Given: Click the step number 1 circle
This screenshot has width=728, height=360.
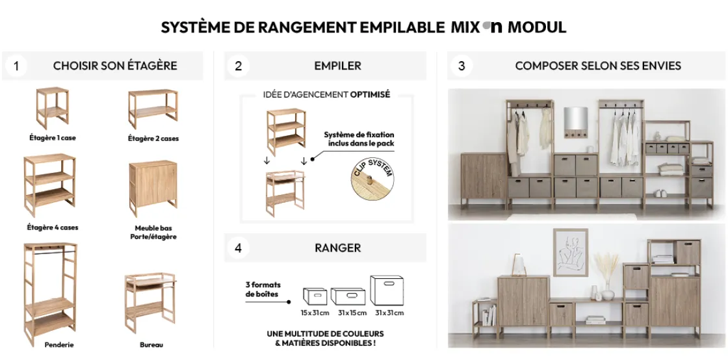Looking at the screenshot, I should coord(16,66).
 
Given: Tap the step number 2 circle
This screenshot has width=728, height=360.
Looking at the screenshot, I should coord(239,66).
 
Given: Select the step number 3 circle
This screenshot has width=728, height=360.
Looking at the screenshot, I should coord(461,66).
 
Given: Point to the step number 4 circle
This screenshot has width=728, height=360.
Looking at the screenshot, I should coord(239,248).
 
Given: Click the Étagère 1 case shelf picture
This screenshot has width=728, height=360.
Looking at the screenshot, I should coord(52,109).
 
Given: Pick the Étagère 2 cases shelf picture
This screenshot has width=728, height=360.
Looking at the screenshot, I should coord(153,109).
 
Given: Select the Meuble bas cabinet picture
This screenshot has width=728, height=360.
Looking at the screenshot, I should coord(153,188).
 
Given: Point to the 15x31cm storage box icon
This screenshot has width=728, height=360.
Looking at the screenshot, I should coord(315,296).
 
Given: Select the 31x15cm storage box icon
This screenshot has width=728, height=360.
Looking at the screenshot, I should coord(348,296).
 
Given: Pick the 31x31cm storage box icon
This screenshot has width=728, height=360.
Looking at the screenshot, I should coord(388,290).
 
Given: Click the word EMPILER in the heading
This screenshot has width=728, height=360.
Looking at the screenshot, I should coord(337,66).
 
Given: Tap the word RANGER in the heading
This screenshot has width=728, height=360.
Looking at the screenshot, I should coord(337,248).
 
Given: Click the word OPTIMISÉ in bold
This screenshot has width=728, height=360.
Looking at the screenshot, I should coord(370,94).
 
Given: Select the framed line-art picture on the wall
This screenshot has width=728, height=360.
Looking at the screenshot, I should coord(570,252).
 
